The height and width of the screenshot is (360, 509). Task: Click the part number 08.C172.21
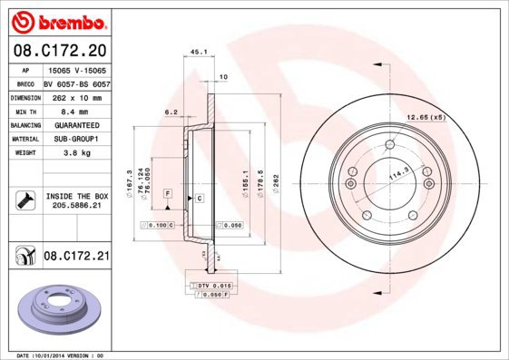tap(76, 258)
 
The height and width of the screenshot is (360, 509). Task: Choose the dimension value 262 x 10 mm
tap(75, 95)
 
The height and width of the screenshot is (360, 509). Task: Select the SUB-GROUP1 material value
tap(75, 139)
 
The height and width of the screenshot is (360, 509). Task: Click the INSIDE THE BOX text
tap(76, 196)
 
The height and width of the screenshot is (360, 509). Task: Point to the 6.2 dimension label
tap(170, 112)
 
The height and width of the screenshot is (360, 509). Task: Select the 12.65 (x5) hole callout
tap(426, 118)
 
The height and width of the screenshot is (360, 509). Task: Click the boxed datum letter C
tap(199, 197)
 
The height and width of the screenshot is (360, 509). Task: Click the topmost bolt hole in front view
tap(390, 147)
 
